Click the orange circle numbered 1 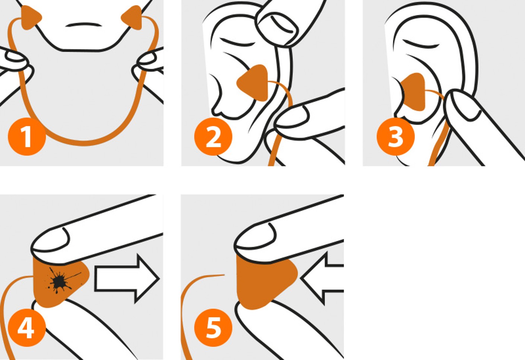(27, 136)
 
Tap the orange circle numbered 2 (213, 136)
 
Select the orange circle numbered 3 (396, 136)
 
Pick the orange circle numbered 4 (27, 328)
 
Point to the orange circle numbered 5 (213, 328)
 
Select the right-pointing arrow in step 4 (127, 279)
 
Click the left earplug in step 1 (31, 18)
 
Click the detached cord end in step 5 (224, 275)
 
